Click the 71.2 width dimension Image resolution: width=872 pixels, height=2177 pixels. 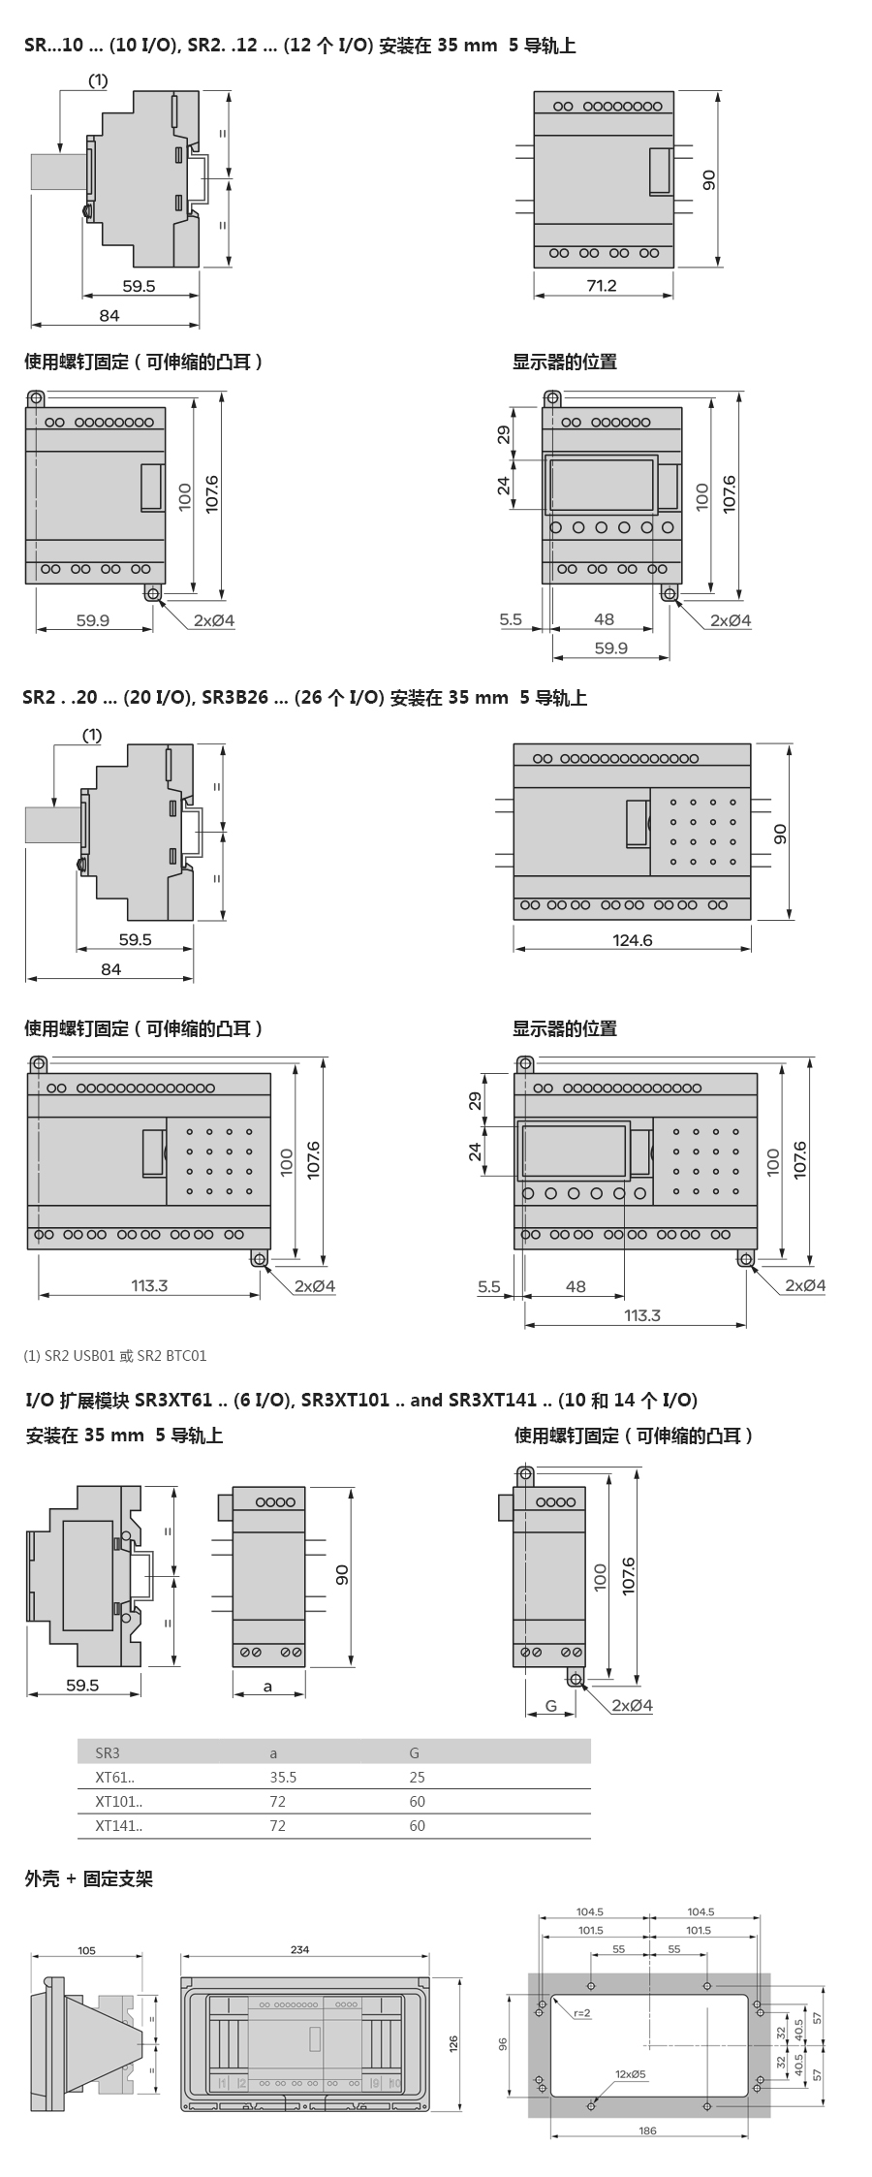pos(601,285)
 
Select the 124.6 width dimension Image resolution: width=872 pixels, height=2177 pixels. pos(632,939)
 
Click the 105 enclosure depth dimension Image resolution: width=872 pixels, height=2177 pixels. pos(86,1950)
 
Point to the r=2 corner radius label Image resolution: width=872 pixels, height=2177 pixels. pos(581,2013)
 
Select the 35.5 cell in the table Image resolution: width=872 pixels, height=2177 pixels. pos(283,1777)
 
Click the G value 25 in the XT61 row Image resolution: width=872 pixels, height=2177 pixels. pos(417,1777)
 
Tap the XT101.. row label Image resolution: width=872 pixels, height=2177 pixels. pos(118,1801)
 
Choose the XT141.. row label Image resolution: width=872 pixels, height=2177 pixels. pos(118,1825)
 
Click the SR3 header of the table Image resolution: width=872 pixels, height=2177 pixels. pos(108,1752)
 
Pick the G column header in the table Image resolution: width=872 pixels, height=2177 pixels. pos(415,1752)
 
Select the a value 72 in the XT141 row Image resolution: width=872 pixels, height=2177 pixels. pos(278,1825)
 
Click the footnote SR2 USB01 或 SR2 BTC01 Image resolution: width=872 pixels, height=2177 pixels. pos(115,1355)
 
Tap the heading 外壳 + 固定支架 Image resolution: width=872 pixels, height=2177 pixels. pos(89,1878)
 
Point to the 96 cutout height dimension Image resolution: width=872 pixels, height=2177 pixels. pos(503,2044)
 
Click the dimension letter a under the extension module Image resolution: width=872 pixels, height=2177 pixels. pos(268,1686)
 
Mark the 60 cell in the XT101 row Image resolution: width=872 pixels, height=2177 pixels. pos(417,1801)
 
